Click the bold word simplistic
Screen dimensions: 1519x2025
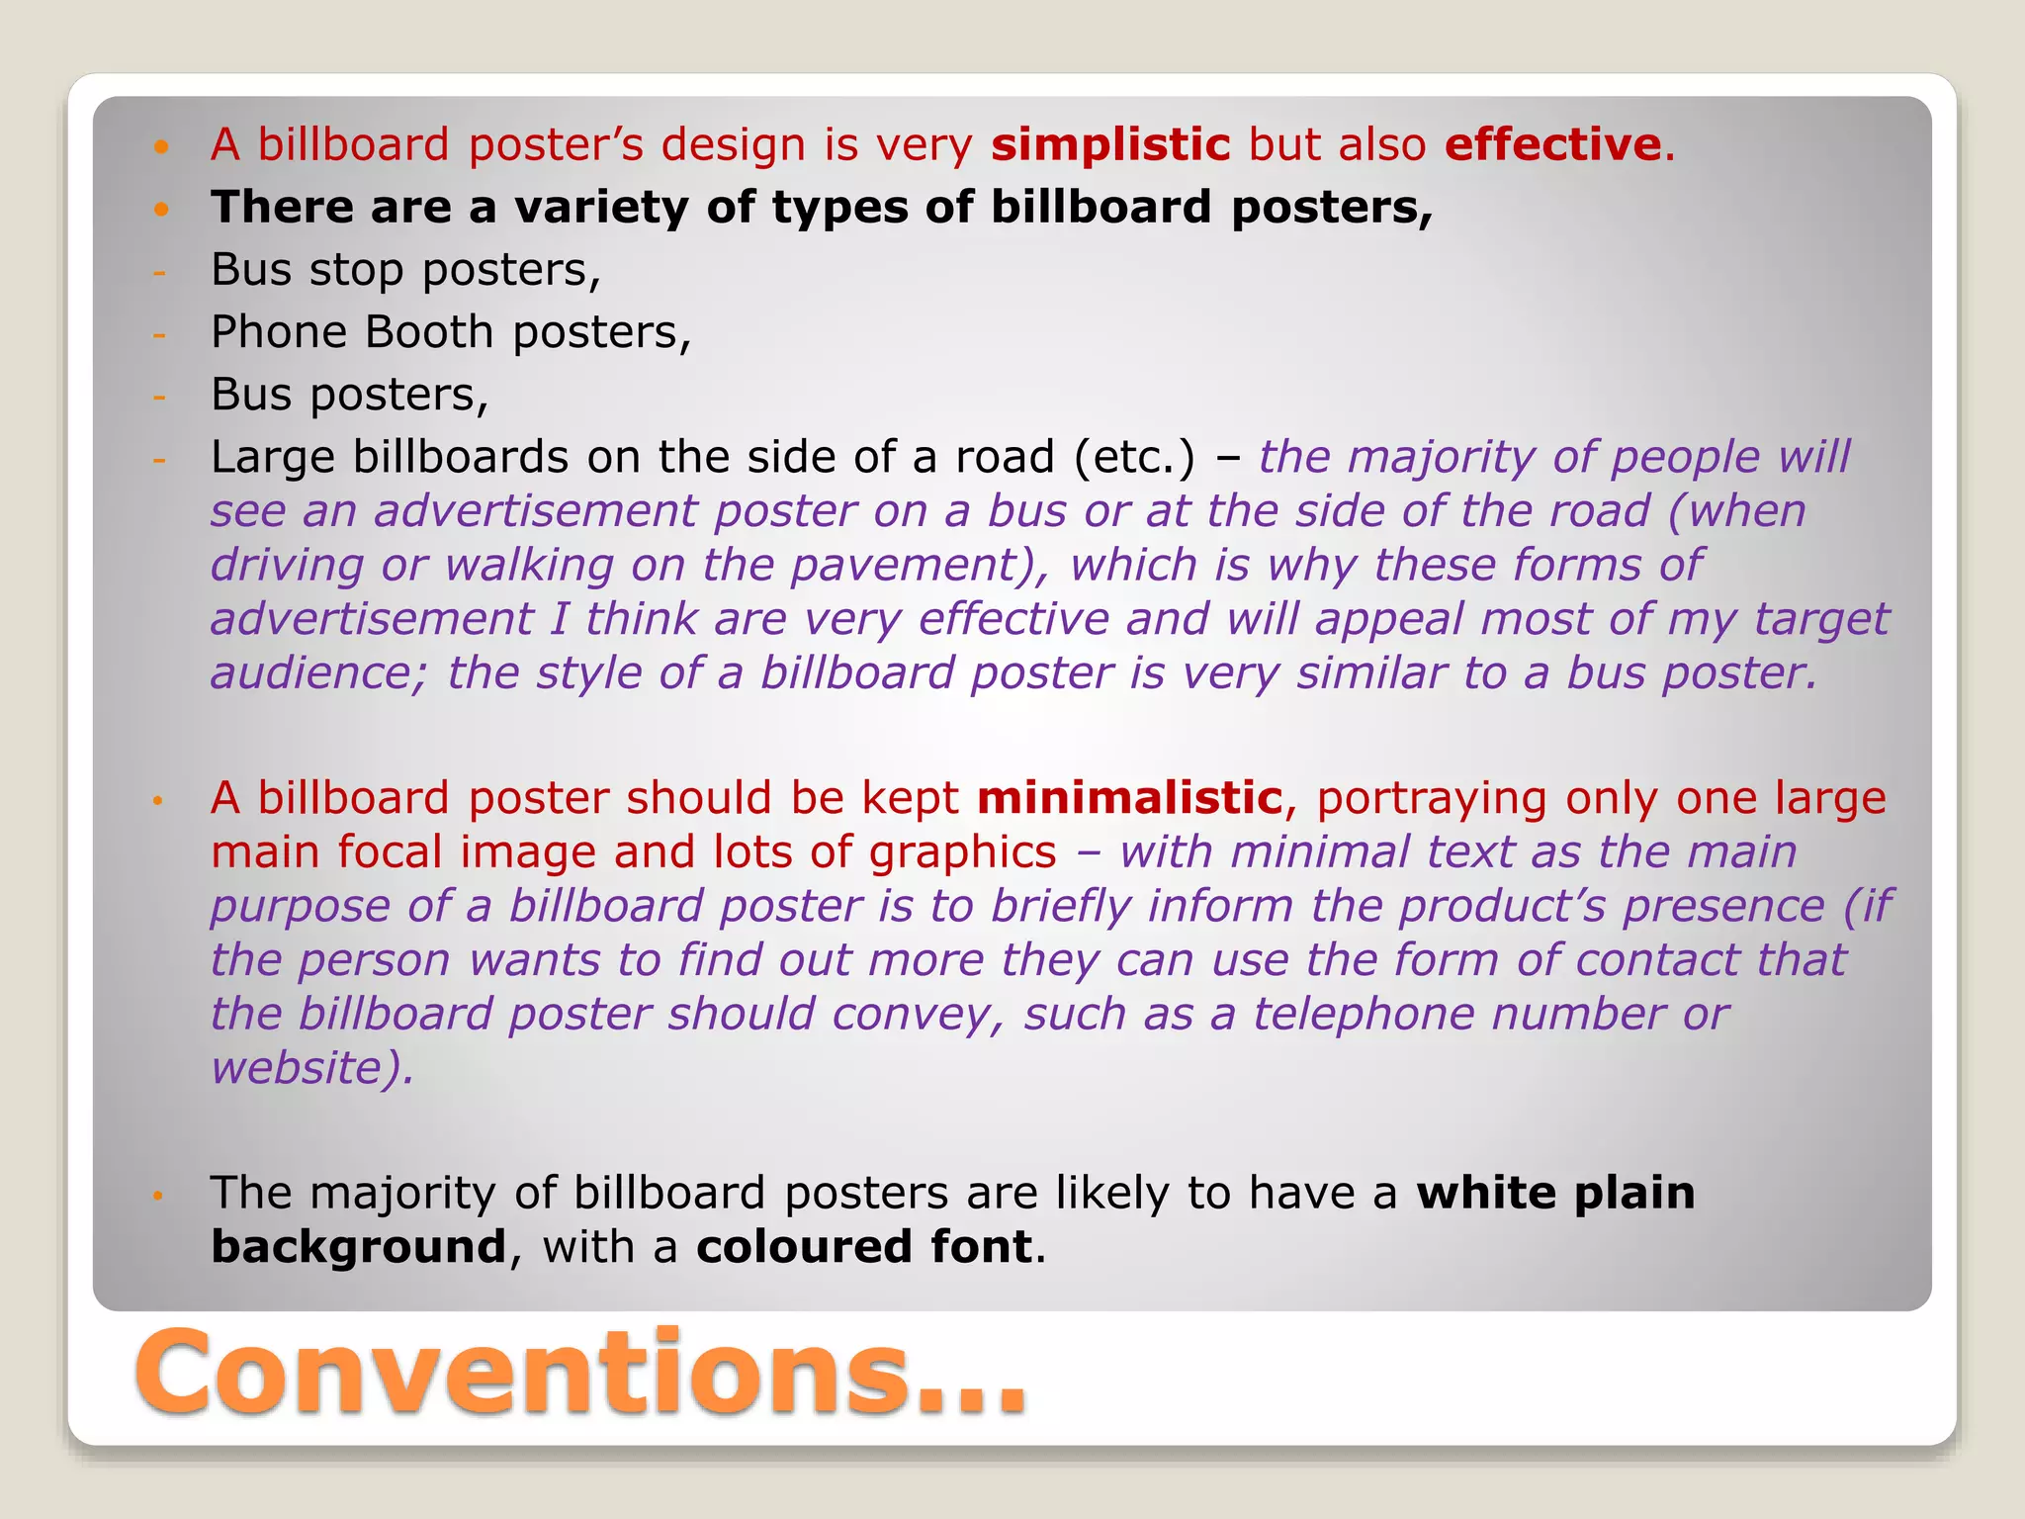click(1110, 145)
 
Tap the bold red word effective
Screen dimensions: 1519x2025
click(1552, 145)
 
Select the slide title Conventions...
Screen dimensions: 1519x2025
click(581, 1374)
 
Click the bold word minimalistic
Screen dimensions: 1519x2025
click(1129, 798)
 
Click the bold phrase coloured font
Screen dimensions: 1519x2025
click(864, 1247)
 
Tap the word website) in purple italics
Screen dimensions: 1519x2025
click(312, 1068)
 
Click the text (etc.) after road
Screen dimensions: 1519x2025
click(1135, 458)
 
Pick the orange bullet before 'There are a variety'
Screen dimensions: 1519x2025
click(162, 209)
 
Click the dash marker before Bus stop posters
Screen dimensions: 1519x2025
click(159, 271)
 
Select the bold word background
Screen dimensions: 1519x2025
click(359, 1247)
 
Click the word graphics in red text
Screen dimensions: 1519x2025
click(963, 852)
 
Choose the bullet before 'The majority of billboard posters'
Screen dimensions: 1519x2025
click(157, 1196)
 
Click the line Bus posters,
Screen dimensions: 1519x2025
click(350, 395)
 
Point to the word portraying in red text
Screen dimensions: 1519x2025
click(1432, 798)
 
